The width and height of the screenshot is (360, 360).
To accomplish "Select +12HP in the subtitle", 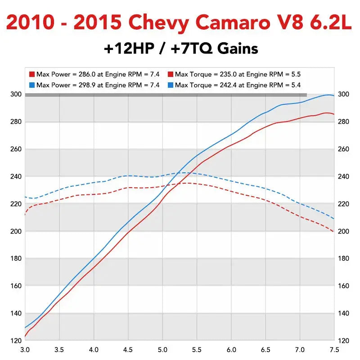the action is (x=129, y=49).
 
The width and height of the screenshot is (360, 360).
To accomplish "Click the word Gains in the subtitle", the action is (x=238, y=49).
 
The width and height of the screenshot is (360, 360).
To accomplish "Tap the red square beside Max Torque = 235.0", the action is (x=171, y=74).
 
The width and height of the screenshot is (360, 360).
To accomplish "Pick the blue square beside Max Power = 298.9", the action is (x=32, y=85).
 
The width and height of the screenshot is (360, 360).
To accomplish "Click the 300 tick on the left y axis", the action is (x=16, y=94).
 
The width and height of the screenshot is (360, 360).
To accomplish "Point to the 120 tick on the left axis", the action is (x=16, y=341).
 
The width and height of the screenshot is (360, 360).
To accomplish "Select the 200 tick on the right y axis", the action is (x=343, y=231).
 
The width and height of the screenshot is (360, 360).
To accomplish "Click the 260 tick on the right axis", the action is (x=343, y=149).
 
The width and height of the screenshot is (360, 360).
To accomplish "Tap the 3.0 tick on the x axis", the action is (x=25, y=350).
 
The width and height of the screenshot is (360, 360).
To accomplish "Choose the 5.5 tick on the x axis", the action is (x=197, y=350).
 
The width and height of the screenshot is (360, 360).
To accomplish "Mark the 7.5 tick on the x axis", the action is (x=334, y=350).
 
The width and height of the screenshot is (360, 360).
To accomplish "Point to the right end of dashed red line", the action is (x=333, y=231).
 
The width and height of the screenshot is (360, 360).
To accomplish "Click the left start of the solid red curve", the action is (x=25, y=337).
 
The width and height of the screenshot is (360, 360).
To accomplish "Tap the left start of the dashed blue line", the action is (x=25, y=197).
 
